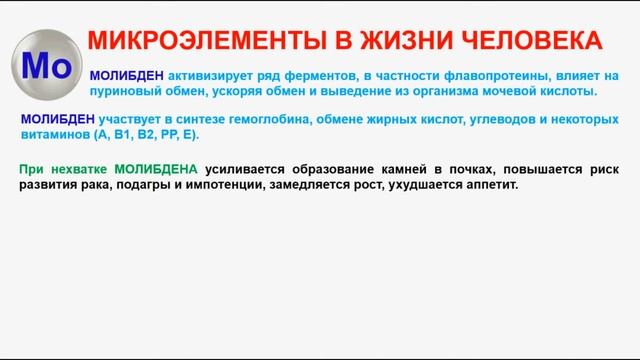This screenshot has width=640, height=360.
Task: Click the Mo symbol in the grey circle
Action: [44, 65]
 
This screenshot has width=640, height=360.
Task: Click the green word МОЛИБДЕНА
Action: [156, 169]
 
